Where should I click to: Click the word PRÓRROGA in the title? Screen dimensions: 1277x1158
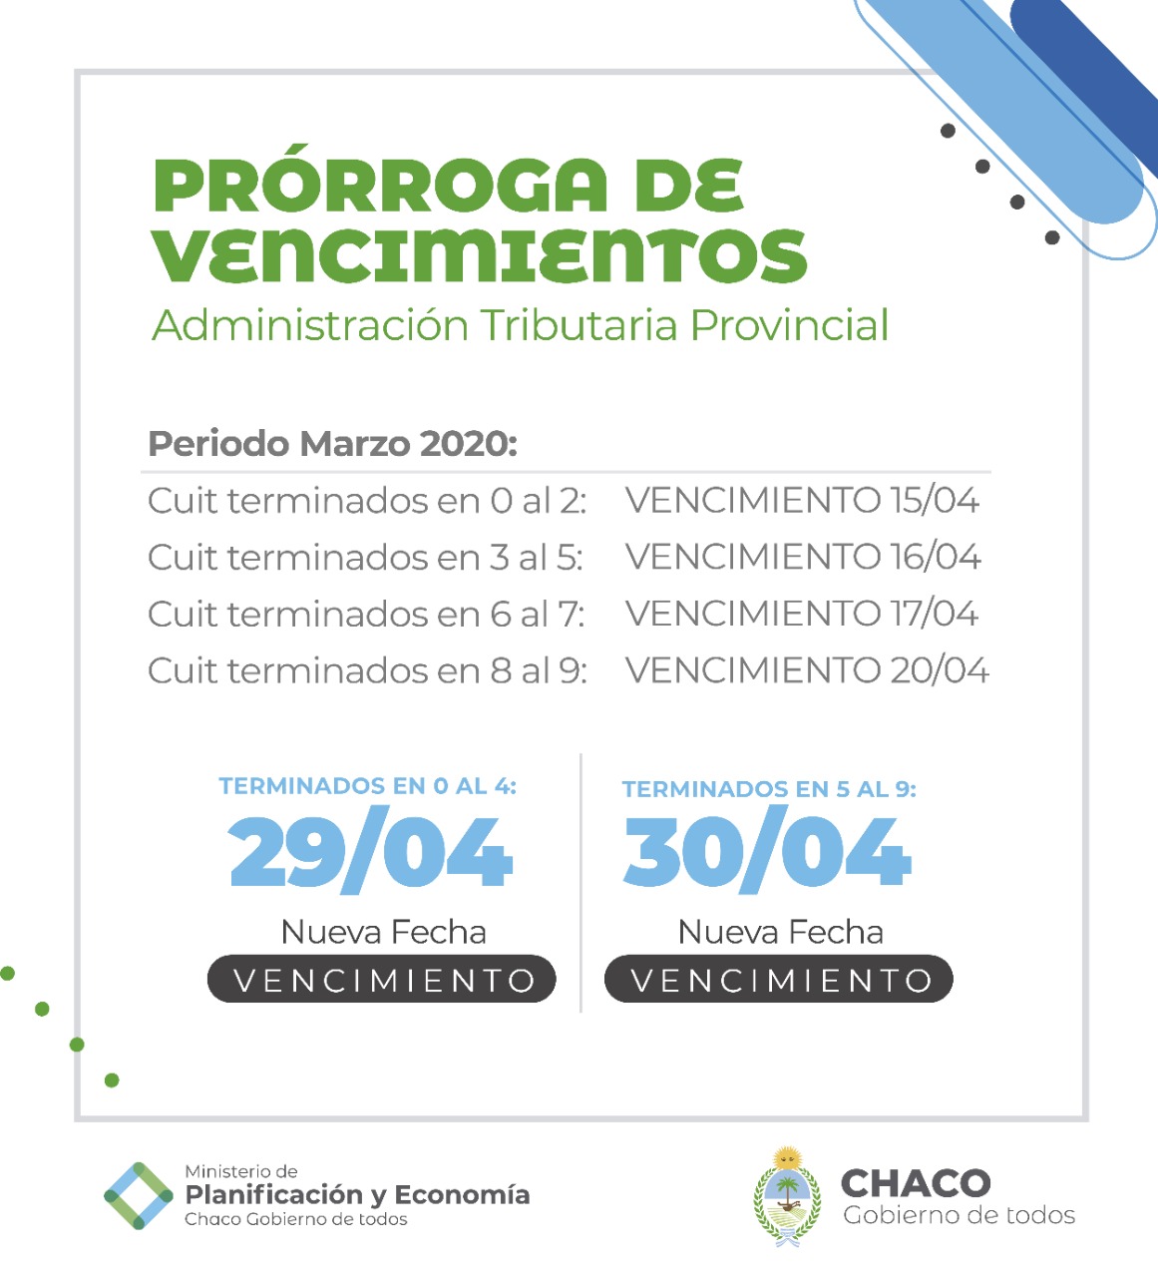[380, 187]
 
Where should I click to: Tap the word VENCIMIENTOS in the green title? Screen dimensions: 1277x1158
[480, 255]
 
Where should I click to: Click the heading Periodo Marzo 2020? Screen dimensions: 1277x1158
[332, 443]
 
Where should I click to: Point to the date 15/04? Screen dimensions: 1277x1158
[935, 500]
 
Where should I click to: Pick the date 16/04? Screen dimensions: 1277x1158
[936, 557]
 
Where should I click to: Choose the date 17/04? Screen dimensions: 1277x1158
[935, 614]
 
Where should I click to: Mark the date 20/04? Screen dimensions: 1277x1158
[939, 670]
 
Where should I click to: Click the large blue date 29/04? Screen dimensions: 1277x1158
[370, 853]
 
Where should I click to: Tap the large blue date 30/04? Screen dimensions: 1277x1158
[767, 853]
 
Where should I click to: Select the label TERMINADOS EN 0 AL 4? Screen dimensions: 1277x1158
[368, 786]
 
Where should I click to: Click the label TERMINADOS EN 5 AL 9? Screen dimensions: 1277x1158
[769, 789]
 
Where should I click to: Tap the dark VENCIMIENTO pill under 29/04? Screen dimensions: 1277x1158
[382, 980]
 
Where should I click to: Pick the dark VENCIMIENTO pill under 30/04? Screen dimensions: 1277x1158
[779, 980]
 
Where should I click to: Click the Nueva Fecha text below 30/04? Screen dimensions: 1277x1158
[781, 932]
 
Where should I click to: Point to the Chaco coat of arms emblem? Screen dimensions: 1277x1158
[788, 1195]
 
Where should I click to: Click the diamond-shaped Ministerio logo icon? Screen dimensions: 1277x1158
[139, 1195]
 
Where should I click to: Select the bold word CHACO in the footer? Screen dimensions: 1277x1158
[916, 1183]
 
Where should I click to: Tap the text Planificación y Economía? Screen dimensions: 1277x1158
[357, 1194]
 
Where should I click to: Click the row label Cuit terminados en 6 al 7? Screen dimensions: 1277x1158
[366, 614]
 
